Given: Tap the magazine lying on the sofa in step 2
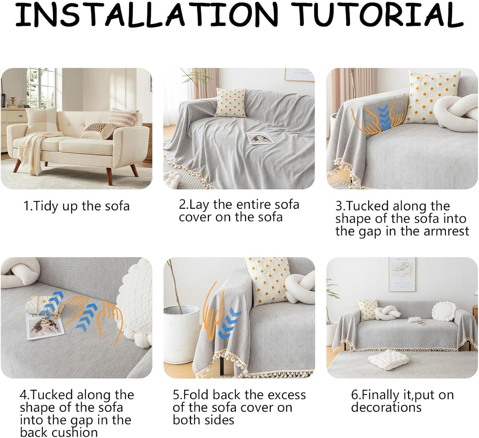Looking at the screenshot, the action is pos(260,138).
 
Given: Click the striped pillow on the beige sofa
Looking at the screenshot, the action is pos(123,118).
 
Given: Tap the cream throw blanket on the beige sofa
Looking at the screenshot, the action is pos(36,150).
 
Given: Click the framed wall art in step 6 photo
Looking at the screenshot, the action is pos(402,274).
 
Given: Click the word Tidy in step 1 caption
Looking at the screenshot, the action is pos(45,206).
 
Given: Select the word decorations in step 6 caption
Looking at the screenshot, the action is pos(386,408).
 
